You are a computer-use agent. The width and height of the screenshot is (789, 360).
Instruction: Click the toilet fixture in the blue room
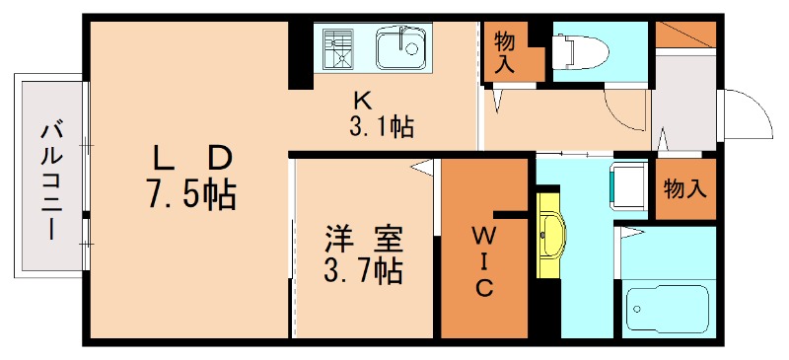pos(580,52)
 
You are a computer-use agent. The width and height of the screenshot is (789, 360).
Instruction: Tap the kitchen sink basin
pos(401,47)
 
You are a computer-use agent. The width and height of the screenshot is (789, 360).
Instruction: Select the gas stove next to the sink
pos(338,48)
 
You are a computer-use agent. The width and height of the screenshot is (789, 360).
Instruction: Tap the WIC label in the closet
pos(482,261)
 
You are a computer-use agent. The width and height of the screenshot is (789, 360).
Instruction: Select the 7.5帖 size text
pos(191,194)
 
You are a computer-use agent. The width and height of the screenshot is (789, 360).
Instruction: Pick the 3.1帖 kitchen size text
pos(382,127)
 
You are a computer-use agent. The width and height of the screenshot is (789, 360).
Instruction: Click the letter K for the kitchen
pos(362,102)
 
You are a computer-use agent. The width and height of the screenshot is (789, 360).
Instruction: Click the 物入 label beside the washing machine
pos(685,189)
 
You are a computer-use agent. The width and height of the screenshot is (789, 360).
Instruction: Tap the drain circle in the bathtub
pos(637,309)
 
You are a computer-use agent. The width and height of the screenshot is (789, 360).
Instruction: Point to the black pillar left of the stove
pos(301,55)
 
